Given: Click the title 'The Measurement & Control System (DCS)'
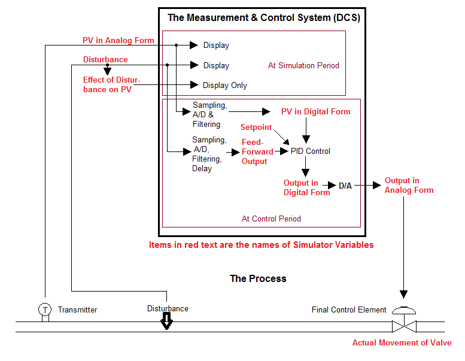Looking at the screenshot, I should coord(263,17).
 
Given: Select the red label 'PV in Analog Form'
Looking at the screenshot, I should coord(118,40).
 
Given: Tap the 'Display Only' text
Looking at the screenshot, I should coord(224,85).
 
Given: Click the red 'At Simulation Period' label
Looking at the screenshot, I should coord(303,65).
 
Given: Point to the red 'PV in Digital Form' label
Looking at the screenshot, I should coord(316,111).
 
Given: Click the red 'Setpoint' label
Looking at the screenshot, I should coord(256,128).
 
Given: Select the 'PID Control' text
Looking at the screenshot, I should coord(310,151).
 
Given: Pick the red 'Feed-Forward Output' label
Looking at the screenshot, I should coord(257,151).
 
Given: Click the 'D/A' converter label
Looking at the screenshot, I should coord(345,186).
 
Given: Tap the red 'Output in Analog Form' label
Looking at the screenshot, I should coord(409,185).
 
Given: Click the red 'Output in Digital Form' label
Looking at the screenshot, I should coord(306,187).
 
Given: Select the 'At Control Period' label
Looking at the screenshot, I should coord(271,219).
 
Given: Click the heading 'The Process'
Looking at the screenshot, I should coord(258,278).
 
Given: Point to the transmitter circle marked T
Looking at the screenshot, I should coord(45,310).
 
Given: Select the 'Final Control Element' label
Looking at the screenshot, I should coord(349,310).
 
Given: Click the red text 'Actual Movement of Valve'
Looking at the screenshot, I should coord(402,342).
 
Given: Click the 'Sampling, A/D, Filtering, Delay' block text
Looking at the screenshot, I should coord(209,154).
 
